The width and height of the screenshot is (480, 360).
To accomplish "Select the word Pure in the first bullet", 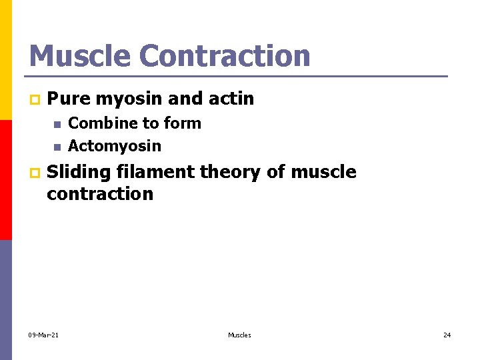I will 69,99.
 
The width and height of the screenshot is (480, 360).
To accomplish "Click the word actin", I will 231,99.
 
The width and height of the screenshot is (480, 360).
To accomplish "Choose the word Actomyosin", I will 115,145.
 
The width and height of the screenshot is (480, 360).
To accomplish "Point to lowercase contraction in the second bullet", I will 100,194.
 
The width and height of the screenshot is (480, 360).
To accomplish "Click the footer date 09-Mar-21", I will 43,335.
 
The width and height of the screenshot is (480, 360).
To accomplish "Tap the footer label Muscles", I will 239,335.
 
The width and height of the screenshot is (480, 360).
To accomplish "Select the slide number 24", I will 447,335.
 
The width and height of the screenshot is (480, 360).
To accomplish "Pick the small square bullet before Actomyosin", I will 57,147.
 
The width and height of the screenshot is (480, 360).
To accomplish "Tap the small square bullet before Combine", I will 57,125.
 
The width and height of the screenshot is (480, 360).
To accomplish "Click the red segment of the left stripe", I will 5,180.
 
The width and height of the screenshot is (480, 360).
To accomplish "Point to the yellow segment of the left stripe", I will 5,60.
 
